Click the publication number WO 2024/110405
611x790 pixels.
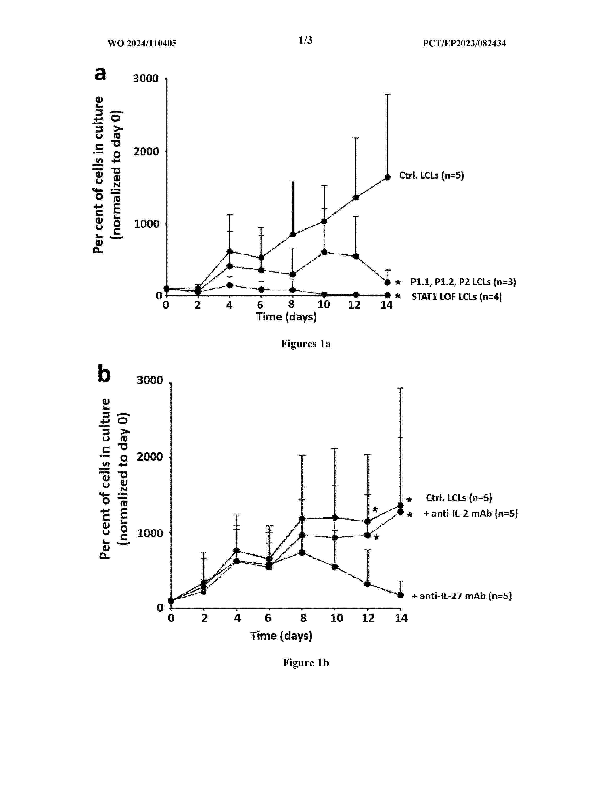(142, 43)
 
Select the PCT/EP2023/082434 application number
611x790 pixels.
(464, 43)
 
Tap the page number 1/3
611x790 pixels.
(305, 40)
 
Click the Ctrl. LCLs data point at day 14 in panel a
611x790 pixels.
(387, 177)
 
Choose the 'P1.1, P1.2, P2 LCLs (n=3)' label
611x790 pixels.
(463, 282)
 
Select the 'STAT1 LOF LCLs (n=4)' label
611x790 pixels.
(457, 297)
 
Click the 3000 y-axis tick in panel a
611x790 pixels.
(146, 79)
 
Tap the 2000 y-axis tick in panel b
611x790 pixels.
(150, 457)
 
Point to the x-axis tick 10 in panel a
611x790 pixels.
(324, 305)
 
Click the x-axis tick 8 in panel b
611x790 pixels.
(303, 618)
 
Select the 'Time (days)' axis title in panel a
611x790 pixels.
(286, 317)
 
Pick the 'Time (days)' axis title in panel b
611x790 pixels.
(281, 636)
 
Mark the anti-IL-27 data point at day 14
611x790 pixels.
(401, 595)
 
